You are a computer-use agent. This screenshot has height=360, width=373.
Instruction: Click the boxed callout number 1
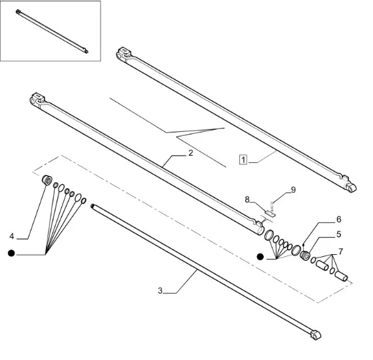click(x=243, y=160)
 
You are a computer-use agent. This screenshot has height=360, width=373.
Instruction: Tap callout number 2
click(x=190, y=153)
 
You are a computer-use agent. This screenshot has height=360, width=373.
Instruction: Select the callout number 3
click(x=160, y=291)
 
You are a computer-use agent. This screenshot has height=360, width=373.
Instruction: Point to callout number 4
click(x=12, y=236)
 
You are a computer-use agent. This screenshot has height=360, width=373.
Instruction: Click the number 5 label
click(x=339, y=234)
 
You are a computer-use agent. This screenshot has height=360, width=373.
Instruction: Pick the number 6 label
click(x=339, y=219)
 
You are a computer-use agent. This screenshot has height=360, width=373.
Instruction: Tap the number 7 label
click(x=340, y=251)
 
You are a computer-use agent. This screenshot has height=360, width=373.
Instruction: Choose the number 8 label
click(x=247, y=200)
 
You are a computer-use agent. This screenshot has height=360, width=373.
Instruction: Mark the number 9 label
click(x=293, y=190)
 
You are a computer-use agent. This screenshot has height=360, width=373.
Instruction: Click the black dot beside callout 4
click(x=11, y=254)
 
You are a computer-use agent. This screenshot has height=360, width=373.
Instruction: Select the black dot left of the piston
click(x=260, y=257)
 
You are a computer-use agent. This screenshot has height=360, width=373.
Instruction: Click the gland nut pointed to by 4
click(x=47, y=180)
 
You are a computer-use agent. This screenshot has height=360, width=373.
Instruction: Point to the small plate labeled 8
click(x=270, y=214)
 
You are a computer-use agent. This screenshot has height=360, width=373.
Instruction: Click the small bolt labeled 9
click(x=272, y=206)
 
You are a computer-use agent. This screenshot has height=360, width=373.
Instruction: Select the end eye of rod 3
click(x=316, y=335)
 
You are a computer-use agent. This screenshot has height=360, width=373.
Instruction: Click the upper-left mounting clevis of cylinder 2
click(x=37, y=99)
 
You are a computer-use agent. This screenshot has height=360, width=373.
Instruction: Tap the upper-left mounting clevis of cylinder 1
click(x=124, y=54)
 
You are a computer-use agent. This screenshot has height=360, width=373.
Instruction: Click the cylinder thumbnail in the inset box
click(x=52, y=31)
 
